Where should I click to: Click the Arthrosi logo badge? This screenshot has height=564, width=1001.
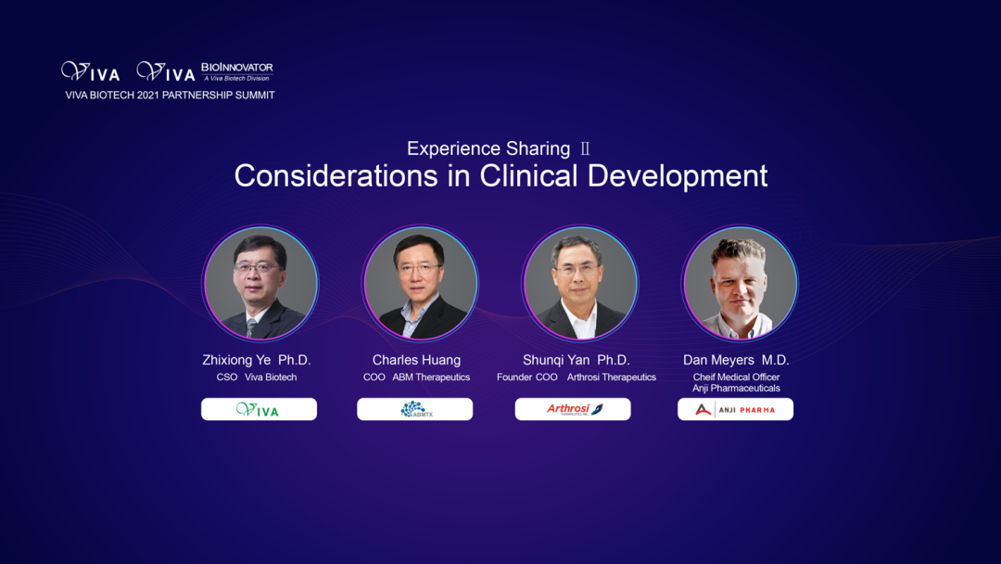pos(573,409)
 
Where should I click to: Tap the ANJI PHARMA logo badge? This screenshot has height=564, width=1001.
pos(735,409)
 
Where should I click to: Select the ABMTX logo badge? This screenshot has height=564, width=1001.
pos(415,409)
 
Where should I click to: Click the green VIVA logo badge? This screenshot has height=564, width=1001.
pos(259,409)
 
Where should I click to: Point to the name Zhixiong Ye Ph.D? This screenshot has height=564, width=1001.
pos(257,360)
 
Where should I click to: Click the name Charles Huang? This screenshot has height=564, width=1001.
pos(416,360)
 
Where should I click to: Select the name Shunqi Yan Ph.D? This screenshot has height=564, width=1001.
pos(577,360)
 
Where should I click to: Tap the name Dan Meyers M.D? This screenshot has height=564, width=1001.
pos(736,360)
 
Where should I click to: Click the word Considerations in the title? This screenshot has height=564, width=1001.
pos(336,175)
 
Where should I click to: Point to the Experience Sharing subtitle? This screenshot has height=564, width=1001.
pos(488,148)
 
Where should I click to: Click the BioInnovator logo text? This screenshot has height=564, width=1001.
pos(237,68)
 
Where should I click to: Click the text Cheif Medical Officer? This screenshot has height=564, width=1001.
pos(736,377)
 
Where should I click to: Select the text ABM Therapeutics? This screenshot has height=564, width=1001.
pos(431,377)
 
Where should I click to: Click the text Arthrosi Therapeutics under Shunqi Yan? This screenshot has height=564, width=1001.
pos(612,377)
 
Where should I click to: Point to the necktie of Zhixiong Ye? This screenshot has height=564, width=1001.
pos(251,328)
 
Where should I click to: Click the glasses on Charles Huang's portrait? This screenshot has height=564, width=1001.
pos(418,269)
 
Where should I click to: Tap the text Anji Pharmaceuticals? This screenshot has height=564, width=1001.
pos(736,388)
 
